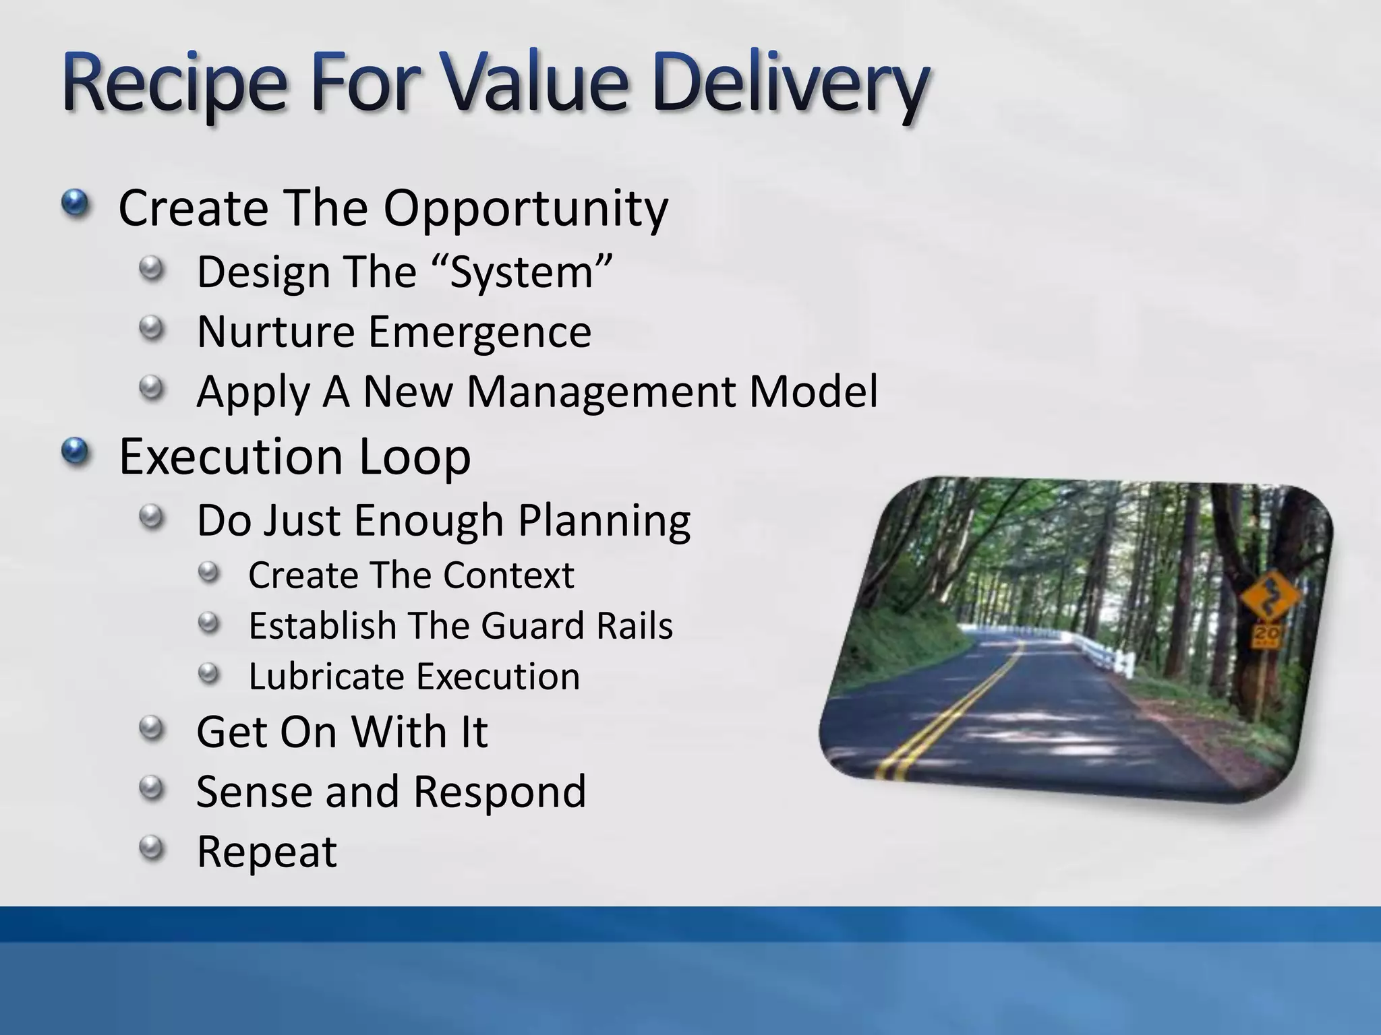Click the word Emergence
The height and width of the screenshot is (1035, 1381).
[479, 332]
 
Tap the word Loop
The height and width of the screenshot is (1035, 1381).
[414, 456]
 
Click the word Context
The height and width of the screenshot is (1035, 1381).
[508, 575]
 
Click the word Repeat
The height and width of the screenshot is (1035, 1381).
[266, 851]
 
